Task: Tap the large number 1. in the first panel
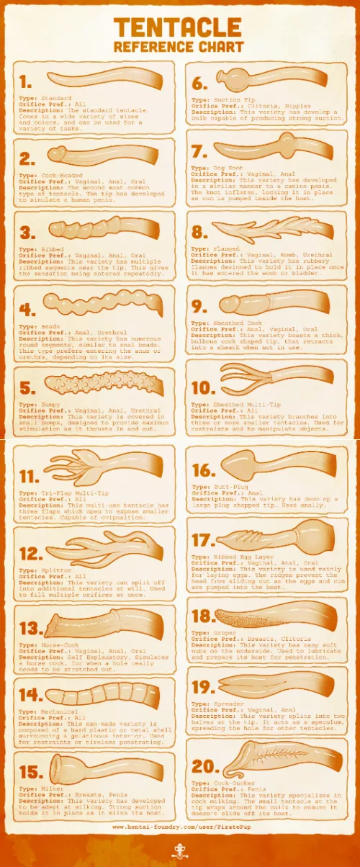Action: (x=27, y=81)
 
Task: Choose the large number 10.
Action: (x=204, y=387)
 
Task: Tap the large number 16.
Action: (x=204, y=470)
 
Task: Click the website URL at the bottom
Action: (x=179, y=827)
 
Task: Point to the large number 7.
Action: (x=200, y=152)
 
